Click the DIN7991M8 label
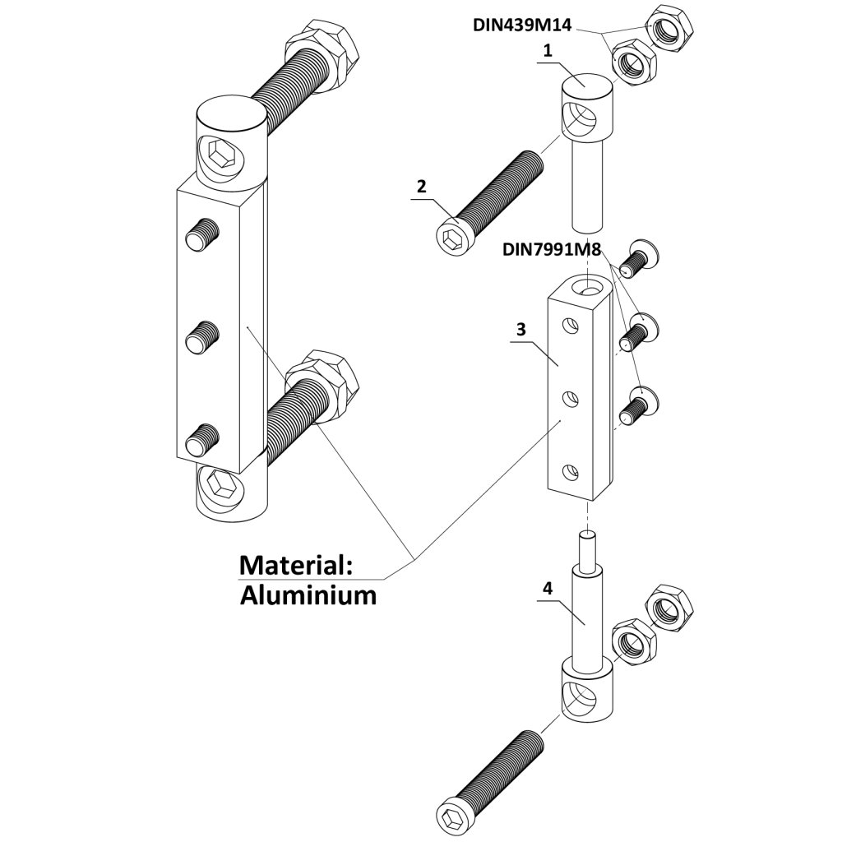coord(557,248)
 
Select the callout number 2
coord(421,187)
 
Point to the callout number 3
coord(520,329)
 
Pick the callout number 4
coord(548,588)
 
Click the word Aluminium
coord(308,595)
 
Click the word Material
coord(294,566)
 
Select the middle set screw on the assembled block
coord(202,338)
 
